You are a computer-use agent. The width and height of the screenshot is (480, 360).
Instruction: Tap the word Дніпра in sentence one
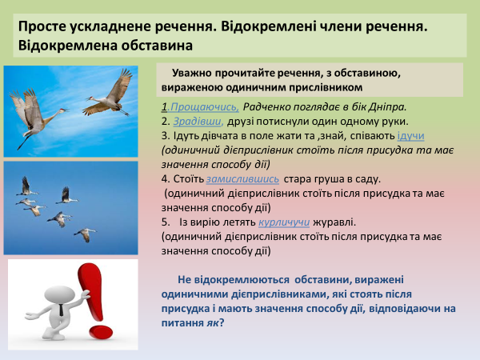387,106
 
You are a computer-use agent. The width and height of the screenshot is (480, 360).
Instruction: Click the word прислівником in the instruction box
325,86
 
